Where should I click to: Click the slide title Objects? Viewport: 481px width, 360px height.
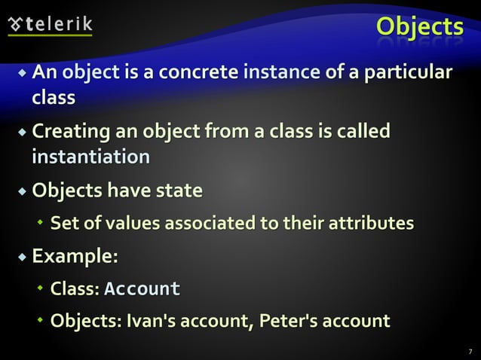click(420, 26)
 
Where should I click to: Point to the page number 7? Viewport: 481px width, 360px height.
click(470, 351)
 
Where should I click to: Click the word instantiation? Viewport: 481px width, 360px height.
click(90, 157)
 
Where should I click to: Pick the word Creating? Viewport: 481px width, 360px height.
click(69, 133)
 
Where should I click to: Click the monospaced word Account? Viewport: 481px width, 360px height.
click(142, 289)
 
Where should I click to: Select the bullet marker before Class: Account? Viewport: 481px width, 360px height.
click(41, 289)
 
